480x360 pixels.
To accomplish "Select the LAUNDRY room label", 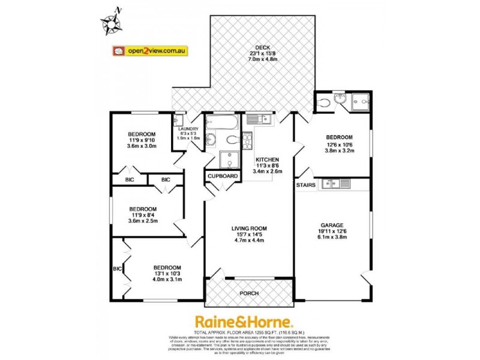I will click(x=188, y=128).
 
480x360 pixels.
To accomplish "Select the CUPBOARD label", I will click(x=223, y=176).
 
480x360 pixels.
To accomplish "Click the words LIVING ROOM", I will click(x=249, y=228).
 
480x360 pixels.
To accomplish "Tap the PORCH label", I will click(x=248, y=293).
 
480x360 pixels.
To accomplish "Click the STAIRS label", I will click(x=306, y=185).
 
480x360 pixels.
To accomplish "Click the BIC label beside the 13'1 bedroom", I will click(x=117, y=268).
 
